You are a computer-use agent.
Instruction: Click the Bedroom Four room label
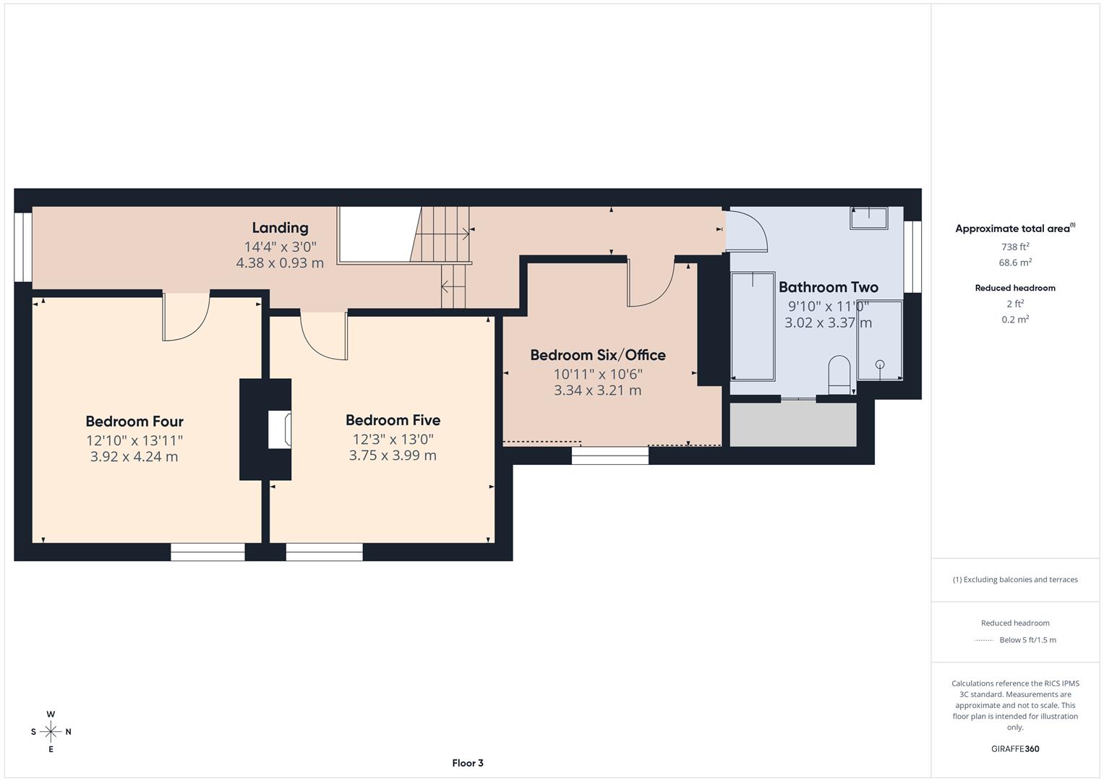coord(134,422)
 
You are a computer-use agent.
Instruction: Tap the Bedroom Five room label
coord(393,420)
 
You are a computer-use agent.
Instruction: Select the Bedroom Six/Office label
coord(598,355)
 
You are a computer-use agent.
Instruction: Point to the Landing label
coord(280,228)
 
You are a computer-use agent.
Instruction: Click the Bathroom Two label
coord(828,287)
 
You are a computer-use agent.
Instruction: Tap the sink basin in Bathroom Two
coord(868,217)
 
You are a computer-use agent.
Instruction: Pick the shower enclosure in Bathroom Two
coord(880,340)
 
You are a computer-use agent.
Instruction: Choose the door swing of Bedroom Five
coord(324,335)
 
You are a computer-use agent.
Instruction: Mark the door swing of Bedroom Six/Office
coord(651,283)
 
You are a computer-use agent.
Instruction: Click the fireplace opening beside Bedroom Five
coord(280,430)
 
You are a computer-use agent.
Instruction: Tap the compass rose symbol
coord(51,731)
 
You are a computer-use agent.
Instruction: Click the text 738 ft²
coord(1014,246)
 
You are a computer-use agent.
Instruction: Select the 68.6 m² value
coord(1014,263)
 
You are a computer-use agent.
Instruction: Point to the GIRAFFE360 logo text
coord(1014,748)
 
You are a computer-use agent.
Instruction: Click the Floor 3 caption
coord(467,763)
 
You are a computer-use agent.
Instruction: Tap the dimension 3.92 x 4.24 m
coord(134,456)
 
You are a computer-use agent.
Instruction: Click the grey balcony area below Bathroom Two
coord(793,424)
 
